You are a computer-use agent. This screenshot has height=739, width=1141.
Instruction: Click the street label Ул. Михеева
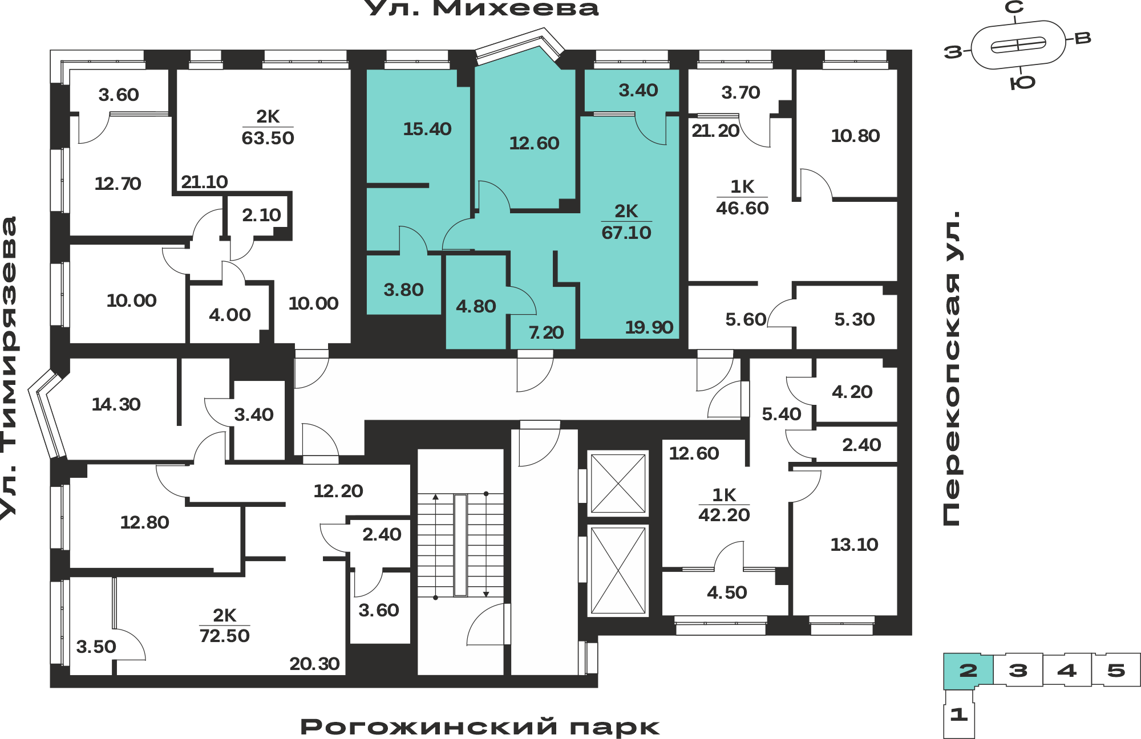click(481, 9)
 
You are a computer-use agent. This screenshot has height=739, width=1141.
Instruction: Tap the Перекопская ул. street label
click(952, 368)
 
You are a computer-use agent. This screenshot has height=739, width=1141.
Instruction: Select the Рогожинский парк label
click(480, 727)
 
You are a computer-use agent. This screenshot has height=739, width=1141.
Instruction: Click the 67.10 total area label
click(626, 233)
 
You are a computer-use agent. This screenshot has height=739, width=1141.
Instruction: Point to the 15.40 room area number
click(427, 129)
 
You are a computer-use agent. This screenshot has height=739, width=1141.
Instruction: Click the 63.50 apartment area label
click(268, 138)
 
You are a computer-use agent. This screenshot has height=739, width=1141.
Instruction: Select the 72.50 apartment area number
click(224, 636)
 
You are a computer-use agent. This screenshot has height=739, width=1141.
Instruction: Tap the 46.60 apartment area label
click(742, 208)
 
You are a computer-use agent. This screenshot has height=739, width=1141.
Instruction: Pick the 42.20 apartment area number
click(724, 515)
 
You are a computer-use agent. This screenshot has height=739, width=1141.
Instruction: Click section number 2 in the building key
click(968, 671)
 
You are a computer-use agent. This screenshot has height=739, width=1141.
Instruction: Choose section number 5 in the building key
click(1116, 671)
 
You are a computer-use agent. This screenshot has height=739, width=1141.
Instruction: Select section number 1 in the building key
click(959, 714)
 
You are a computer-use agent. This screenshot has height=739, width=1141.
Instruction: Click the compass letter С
click(1014, 7)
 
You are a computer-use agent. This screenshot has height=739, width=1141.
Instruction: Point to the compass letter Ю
click(1022, 83)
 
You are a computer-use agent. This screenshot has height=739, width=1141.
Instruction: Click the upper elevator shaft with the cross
click(618, 484)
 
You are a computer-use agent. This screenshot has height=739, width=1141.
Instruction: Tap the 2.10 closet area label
click(261, 215)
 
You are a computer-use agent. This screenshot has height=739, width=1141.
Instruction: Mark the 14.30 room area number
click(116, 404)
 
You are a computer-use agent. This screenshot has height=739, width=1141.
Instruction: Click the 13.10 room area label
click(854, 545)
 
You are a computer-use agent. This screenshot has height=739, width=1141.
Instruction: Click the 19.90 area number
click(649, 327)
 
